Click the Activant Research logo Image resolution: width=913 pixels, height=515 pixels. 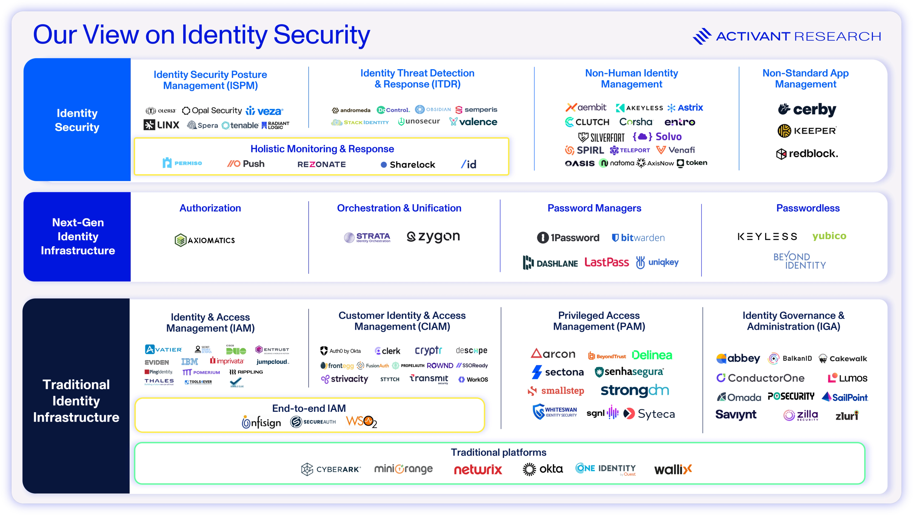pos(787,36)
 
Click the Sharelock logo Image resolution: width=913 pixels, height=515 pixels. pos(408,165)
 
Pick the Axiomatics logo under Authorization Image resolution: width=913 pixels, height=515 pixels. pos(205,240)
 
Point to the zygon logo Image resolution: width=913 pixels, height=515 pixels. pos(433,237)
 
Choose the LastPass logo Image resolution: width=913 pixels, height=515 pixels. pos(607,262)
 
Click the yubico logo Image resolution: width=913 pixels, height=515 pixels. pos(829,236)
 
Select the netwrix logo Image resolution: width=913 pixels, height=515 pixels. pos(478,470)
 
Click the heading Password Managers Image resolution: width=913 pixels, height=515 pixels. pos(594,208)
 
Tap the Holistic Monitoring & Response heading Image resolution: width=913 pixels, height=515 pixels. pos(322,149)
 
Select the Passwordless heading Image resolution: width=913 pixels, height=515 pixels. pos(808,208)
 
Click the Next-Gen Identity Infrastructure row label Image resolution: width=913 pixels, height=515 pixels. pos(78,237)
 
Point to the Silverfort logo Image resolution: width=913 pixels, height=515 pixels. pos(602,137)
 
